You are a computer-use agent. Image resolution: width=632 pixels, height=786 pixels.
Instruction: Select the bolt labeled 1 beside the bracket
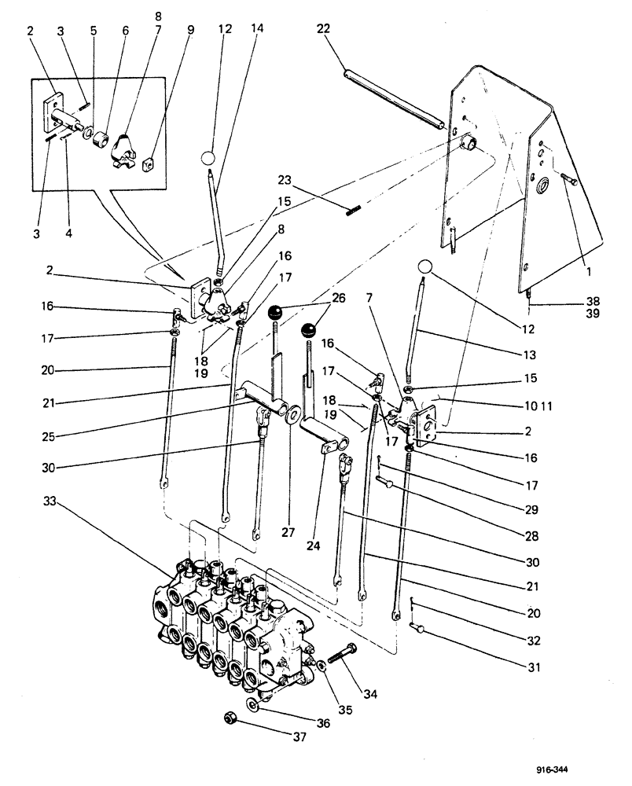[x=569, y=182]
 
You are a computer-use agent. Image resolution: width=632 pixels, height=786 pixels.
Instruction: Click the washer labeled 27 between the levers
[x=292, y=412]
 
